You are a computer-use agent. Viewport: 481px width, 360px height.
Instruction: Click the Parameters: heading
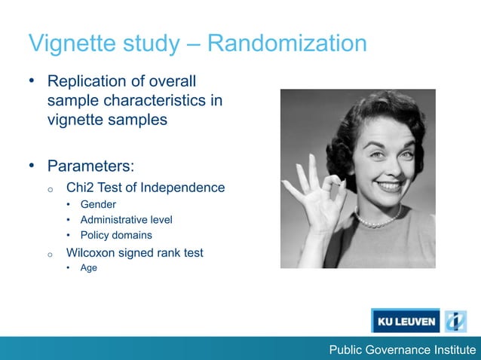pos(90,165)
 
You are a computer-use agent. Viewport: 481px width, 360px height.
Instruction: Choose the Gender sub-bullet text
pos(98,204)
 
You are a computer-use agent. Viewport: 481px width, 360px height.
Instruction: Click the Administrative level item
pos(126,220)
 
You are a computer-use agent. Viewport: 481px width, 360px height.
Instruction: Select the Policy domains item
pos(116,235)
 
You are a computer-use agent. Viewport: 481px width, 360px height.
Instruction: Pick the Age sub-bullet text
pos(89,267)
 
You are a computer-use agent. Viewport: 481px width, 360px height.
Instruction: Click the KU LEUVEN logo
pos(405,321)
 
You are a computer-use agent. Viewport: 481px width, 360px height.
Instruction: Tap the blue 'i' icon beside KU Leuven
pos(455,321)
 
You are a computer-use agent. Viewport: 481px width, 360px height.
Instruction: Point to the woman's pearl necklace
pos(377,221)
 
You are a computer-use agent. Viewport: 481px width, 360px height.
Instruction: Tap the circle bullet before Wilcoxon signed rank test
pos(49,254)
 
